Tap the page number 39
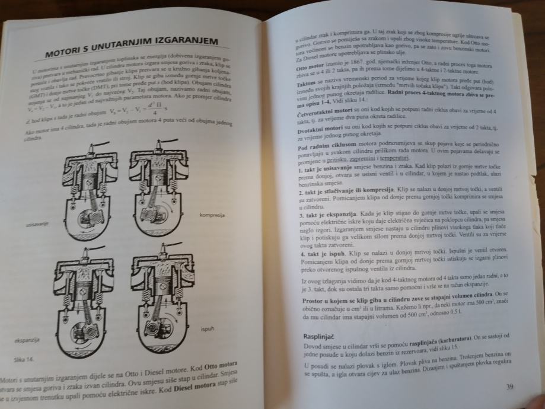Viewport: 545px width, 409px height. [509, 387]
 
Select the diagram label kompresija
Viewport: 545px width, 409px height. [212, 215]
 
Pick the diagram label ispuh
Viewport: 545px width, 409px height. [208, 328]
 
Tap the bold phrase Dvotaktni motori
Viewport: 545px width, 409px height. [321, 128]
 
